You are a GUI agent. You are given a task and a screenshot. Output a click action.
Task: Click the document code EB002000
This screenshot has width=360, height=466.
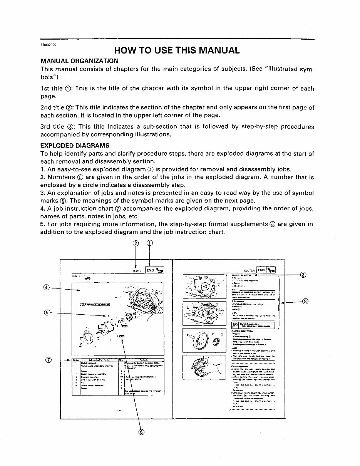(x=49, y=45)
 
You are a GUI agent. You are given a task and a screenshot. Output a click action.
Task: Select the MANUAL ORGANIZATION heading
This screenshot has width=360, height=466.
(x=79, y=61)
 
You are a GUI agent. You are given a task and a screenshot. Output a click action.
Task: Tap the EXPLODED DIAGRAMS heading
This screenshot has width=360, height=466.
(x=75, y=146)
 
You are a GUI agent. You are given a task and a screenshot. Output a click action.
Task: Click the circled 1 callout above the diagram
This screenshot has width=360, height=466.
(x=149, y=243)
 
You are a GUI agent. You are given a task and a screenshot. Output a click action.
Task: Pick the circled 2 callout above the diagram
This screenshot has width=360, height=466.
(x=136, y=243)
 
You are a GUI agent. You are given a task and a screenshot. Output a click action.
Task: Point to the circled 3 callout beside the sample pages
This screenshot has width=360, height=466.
(x=303, y=275)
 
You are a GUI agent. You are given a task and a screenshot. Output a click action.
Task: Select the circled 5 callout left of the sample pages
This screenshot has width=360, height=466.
(x=47, y=313)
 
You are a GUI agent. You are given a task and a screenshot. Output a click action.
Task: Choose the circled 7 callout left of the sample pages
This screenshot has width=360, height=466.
(x=48, y=360)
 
